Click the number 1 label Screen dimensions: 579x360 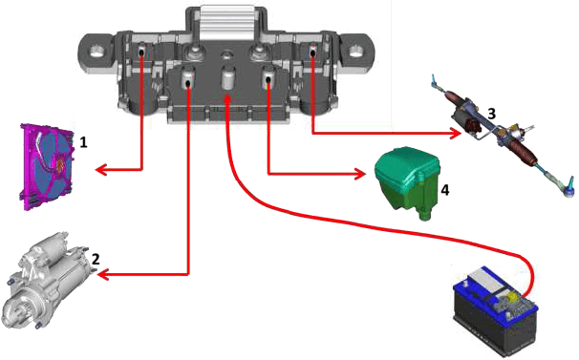pyautogui.click(x=84, y=142)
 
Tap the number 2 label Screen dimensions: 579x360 pyautogui.click(x=96, y=259)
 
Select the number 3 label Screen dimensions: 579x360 pyautogui.click(x=491, y=114)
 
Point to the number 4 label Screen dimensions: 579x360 pyautogui.click(x=445, y=190)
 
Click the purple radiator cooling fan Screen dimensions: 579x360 pyautogui.click(x=47, y=167)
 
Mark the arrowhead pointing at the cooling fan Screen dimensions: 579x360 pyautogui.click(x=101, y=170)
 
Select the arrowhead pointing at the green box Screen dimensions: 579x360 pyautogui.click(x=360, y=174)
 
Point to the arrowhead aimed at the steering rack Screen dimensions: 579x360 pyautogui.click(x=456, y=133)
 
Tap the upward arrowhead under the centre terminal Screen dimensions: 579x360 pyautogui.click(x=227, y=99)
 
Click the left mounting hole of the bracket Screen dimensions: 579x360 pyautogui.click(x=99, y=51)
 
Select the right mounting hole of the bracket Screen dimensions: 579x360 pyautogui.click(x=356, y=50)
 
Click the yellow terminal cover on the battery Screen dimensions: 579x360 pyautogui.click(x=512, y=295)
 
